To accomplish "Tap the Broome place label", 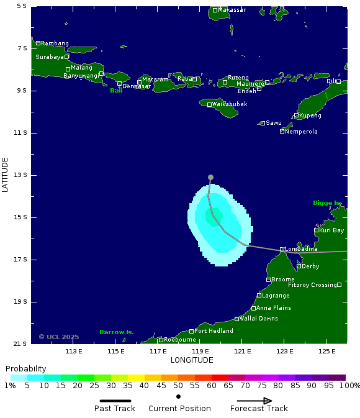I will (x=283, y=279).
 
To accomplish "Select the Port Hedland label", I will (x=214, y=331).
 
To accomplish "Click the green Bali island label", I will (x=116, y=91).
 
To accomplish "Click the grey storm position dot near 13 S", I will (x=210, y=178).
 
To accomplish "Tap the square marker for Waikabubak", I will (x=209, y=104).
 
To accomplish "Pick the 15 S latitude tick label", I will (x=20, y=217).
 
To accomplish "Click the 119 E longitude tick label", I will (x=200, y=352).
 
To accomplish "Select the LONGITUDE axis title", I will (x=191, y=360).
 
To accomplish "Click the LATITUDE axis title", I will (x=6, y=175).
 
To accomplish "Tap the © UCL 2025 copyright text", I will (x=59, y=337).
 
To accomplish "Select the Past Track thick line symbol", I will (x=115, y=401).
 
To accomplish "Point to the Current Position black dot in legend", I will (x=179, y=396).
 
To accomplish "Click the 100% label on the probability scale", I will (x=349, y=386).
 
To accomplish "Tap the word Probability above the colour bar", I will (x=26, y=369).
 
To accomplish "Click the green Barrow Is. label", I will (x=117, y=332).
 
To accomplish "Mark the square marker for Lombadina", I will (x=282, y=249).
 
